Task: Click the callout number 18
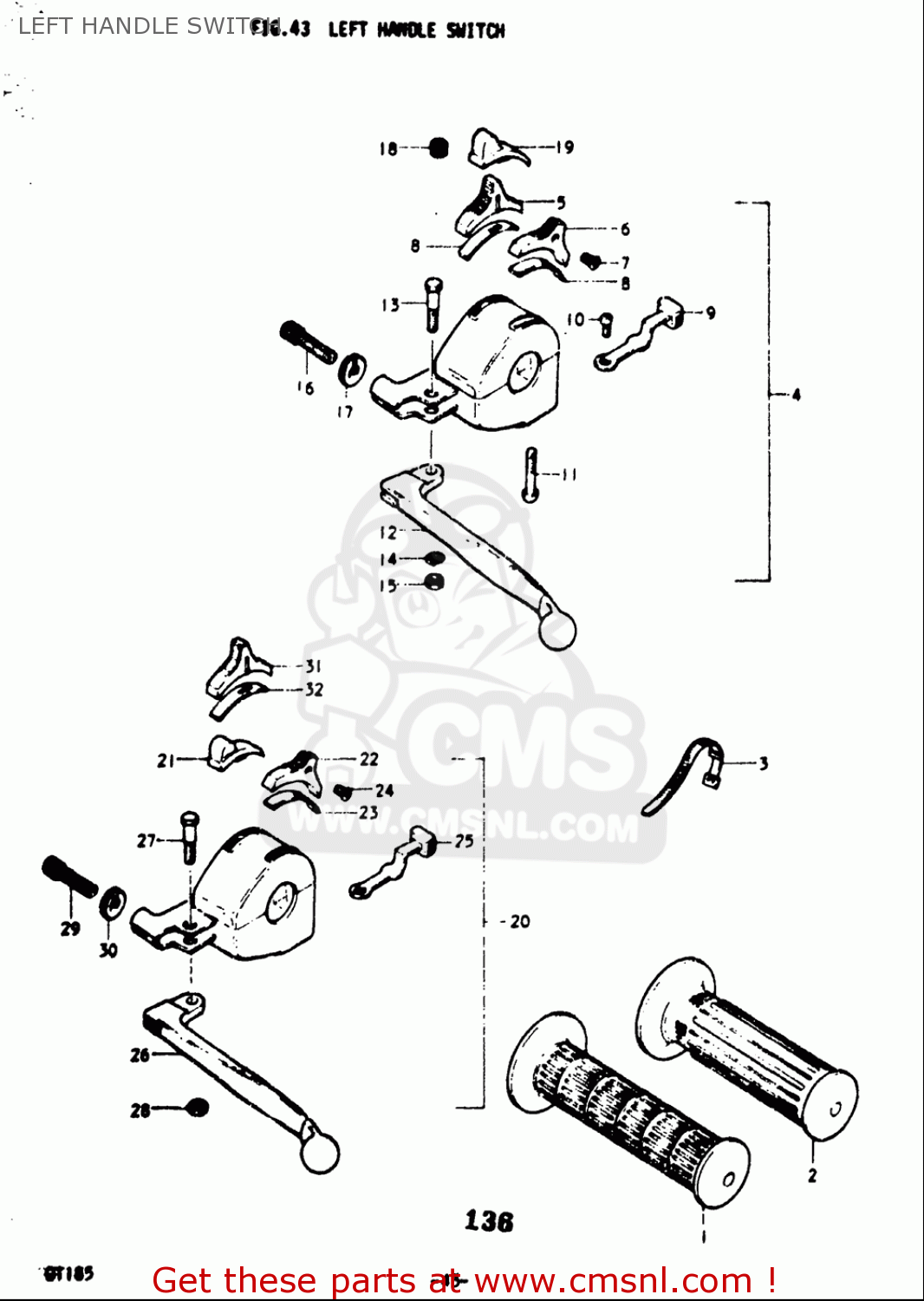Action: (387, 149)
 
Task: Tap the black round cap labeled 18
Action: (439, 148)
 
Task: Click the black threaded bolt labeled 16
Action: (308, 342)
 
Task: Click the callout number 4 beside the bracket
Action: (796, 395)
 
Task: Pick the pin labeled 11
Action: (531, 474)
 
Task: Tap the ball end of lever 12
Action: (557, 631)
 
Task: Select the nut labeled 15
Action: (433, 582)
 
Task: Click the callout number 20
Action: (519, 921)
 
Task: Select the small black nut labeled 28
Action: (198, 1108)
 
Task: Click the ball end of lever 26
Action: (320, 1154)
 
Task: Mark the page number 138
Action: (489, 1221)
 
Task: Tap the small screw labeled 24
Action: (343, 791)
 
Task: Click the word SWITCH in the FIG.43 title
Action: (475, 30)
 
